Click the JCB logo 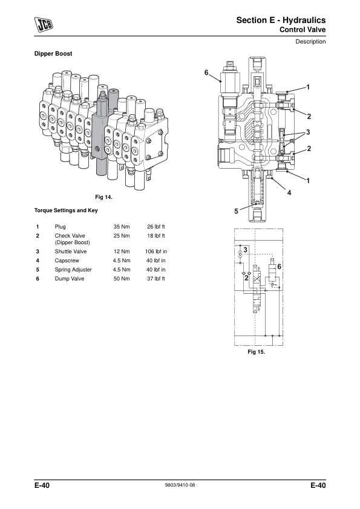coord(44,25)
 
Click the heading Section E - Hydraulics coord(281,20)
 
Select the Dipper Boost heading coord(53,54)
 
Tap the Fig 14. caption coord(103,197)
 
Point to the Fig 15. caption coord(257,352)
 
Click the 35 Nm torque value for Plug coord(122,227)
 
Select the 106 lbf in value coord(156,251)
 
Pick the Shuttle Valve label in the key coord(71,251)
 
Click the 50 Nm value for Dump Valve coord(122,279)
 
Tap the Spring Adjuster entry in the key coord(73,270)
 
